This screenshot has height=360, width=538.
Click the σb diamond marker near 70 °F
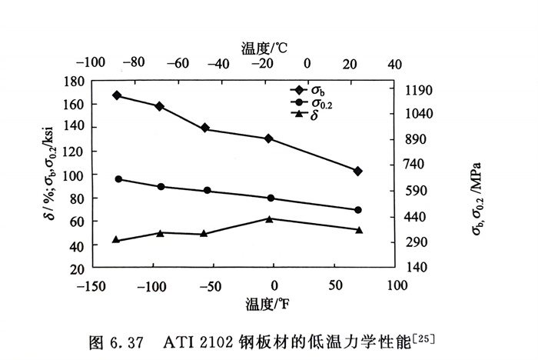click(357, 171)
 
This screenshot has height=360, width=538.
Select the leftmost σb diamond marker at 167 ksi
click(117, 95)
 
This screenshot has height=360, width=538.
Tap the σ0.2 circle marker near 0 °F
click(271, 198)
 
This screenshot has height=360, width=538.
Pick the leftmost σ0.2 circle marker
click(118, 179)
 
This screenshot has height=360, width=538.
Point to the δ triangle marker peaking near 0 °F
click(270, 219)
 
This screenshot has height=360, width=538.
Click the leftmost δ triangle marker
click(116, 240)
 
